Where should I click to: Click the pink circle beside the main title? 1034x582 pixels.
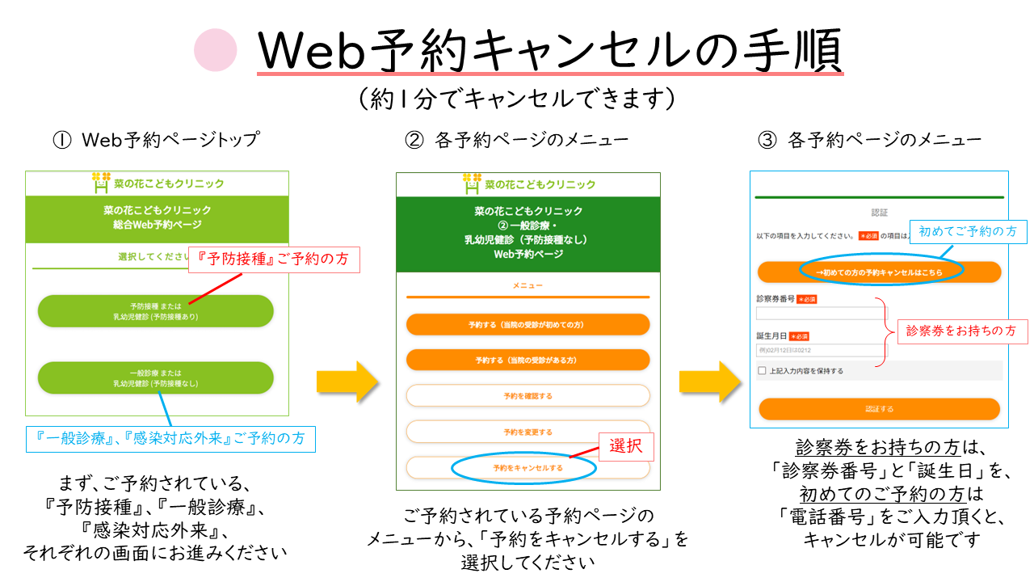[216, 50]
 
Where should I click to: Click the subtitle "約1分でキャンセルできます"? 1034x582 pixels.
[516, 99]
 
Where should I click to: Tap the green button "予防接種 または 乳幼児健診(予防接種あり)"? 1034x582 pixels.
[155, 311]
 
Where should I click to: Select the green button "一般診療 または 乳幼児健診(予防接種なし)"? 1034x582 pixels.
[155, 377]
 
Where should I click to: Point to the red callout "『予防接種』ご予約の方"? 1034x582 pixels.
[274, 259]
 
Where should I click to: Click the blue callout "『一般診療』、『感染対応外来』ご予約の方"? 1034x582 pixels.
[170, 438]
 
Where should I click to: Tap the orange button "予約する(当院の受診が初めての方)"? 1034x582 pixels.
[528, 324]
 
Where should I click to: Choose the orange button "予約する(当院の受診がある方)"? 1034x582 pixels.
[528, 360]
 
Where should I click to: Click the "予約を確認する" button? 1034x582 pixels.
[528, 395]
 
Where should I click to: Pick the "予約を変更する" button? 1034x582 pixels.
[528, 432]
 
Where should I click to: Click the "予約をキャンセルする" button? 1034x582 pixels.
[528, 468]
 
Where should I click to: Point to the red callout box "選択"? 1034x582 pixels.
[625, 445]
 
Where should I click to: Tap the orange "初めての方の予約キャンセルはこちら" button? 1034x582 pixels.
[879, 272]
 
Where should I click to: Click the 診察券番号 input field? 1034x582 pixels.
[821, 314]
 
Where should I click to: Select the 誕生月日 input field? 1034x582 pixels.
[821, 351]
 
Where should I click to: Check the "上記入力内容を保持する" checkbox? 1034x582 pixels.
[762, 371]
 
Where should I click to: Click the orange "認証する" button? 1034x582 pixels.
[879, 409]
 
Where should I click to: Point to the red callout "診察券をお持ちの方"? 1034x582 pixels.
[960, 331]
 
